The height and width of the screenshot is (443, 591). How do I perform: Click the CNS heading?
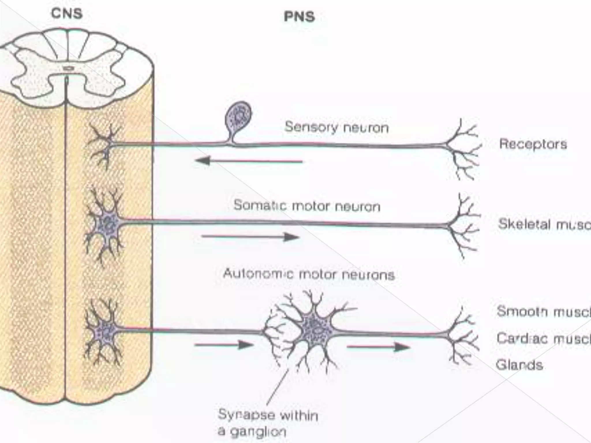click(67, 14)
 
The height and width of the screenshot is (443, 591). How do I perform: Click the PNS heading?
click(299, 17)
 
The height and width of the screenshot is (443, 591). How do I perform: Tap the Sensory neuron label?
click(336, 127)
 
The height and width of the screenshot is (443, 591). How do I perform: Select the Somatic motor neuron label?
click(307, 206)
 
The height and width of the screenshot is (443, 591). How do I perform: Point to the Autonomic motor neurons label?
click(309, 274)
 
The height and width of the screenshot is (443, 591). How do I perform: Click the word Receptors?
click(533, 144)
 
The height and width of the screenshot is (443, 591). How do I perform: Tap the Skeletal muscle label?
click(544, 224)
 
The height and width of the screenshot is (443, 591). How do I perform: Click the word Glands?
click(519, 365)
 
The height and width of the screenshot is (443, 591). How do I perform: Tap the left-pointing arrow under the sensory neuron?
click(249, 161)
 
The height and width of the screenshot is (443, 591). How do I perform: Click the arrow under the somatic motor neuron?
click(250, 237)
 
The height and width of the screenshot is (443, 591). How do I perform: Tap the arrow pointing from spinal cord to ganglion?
click(224, 345)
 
